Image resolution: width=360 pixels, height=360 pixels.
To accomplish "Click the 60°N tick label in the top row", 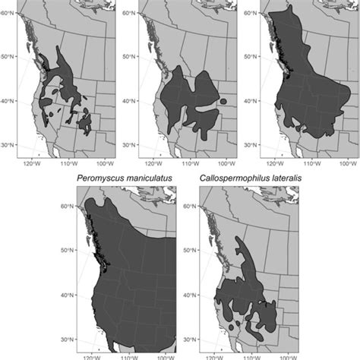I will (x=8, y=12).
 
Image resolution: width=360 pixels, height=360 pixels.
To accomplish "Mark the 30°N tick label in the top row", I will (x=8, y=144).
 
